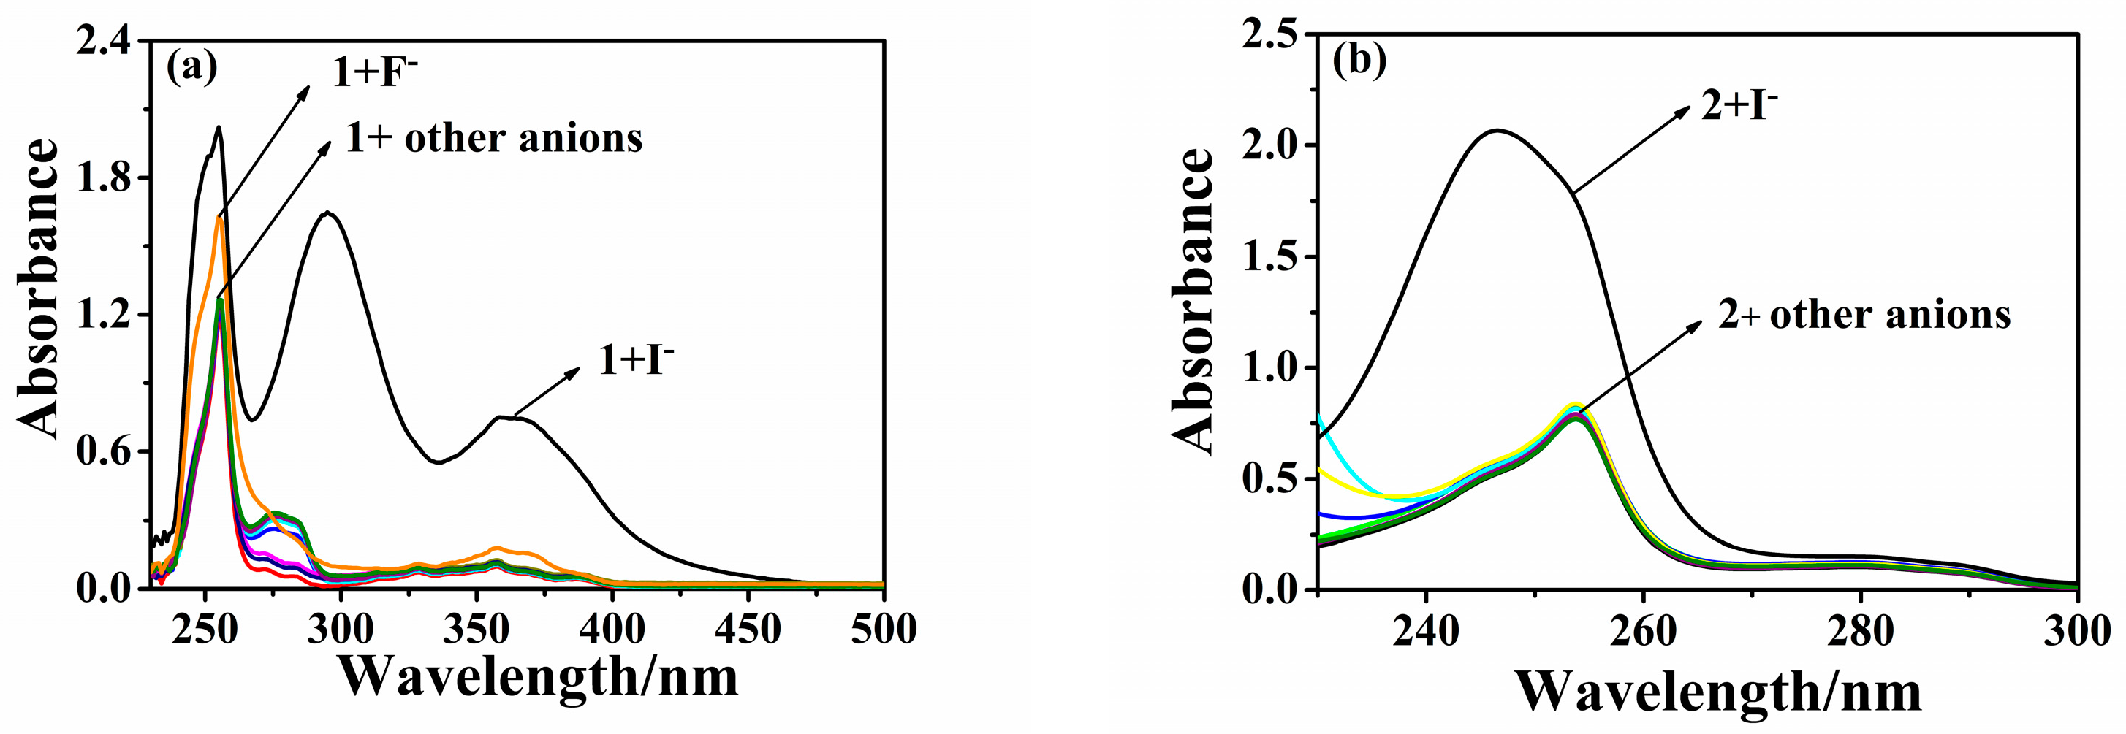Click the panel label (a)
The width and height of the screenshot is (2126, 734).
[x=191, y=68]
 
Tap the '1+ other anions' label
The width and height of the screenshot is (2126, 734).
[x=493, y=138]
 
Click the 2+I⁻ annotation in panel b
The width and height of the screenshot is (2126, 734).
[x=1739, y=107]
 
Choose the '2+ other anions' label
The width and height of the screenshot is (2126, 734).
[x=1864, y=315]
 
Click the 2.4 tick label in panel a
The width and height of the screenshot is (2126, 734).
[x=103, y=40]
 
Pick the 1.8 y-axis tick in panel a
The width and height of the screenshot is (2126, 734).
[x=103, y=178]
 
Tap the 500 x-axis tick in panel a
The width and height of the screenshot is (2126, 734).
[x=884, y=630]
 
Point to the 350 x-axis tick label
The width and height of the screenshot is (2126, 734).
[x=477, y=630]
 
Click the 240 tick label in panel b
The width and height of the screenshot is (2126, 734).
[x=1425, y=631]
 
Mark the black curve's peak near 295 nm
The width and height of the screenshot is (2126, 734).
[x=328, y=213]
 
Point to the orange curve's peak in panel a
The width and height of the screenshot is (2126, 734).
[x=219, y=218]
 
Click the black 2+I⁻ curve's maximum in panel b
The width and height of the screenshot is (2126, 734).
[x=1497, y=129]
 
